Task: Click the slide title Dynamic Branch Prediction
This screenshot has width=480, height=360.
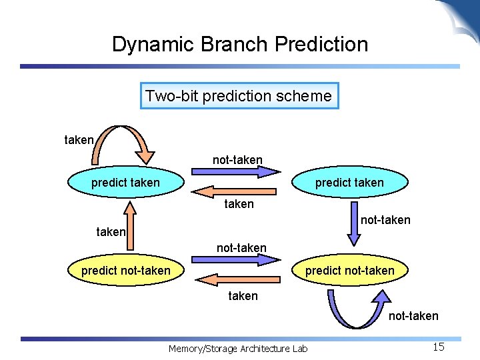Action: [240, 45]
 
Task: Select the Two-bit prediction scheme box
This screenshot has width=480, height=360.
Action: [239, 96]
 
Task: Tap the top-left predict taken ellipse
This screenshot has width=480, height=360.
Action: [125, 183]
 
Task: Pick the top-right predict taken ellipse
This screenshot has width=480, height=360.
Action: [349, 183]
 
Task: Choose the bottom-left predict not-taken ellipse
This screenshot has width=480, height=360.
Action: [125, 271]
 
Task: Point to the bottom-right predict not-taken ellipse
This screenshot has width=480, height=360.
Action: [349, 271]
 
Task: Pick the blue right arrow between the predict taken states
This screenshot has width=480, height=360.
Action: [237, 171]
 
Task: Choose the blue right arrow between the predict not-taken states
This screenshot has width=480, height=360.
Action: [237, 260]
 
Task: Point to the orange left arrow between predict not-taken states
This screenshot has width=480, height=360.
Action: [237, 280]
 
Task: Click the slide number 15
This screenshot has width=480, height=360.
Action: [438, 347]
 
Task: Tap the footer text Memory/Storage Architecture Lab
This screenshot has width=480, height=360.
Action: [238, 349]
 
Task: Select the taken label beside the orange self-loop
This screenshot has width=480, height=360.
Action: [79, 140]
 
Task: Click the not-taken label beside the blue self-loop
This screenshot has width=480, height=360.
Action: [413, 316]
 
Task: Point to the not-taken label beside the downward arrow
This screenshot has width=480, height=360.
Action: [385, 220]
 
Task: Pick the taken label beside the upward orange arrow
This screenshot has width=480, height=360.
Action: [111, 232]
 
